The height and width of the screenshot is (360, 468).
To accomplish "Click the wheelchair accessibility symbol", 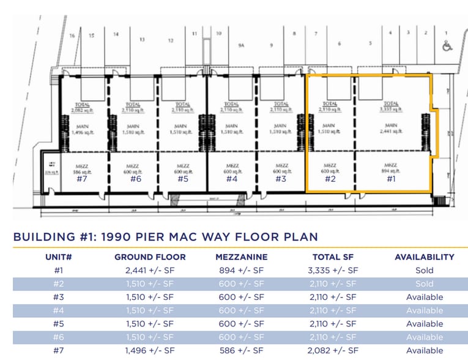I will click(x=447, y=45).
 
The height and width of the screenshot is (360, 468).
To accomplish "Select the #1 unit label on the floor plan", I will click(x=391, y=179).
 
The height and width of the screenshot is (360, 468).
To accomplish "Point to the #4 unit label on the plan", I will click(x=231, y=179).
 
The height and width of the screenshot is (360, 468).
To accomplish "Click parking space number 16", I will click(x=72, y=36).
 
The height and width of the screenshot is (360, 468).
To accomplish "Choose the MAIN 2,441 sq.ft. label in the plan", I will click(x=391, y=129).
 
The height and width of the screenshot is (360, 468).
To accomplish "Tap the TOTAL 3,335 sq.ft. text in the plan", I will click(x=391, y=107).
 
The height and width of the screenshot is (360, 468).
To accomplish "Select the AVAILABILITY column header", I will click(x=424, y=257).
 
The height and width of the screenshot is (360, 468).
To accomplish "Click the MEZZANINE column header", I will click(x=241, y=257).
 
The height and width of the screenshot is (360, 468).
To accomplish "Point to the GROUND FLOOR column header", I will click(x=150, y=257).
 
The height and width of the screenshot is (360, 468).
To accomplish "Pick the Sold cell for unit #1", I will click(x=424, y=270).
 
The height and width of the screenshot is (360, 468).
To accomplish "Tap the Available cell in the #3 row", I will click(x=424, y=297).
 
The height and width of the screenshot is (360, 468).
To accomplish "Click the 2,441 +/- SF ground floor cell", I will click(x=150, y=270).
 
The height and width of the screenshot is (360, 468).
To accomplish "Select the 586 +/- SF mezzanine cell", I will click(x=241, y=351).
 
